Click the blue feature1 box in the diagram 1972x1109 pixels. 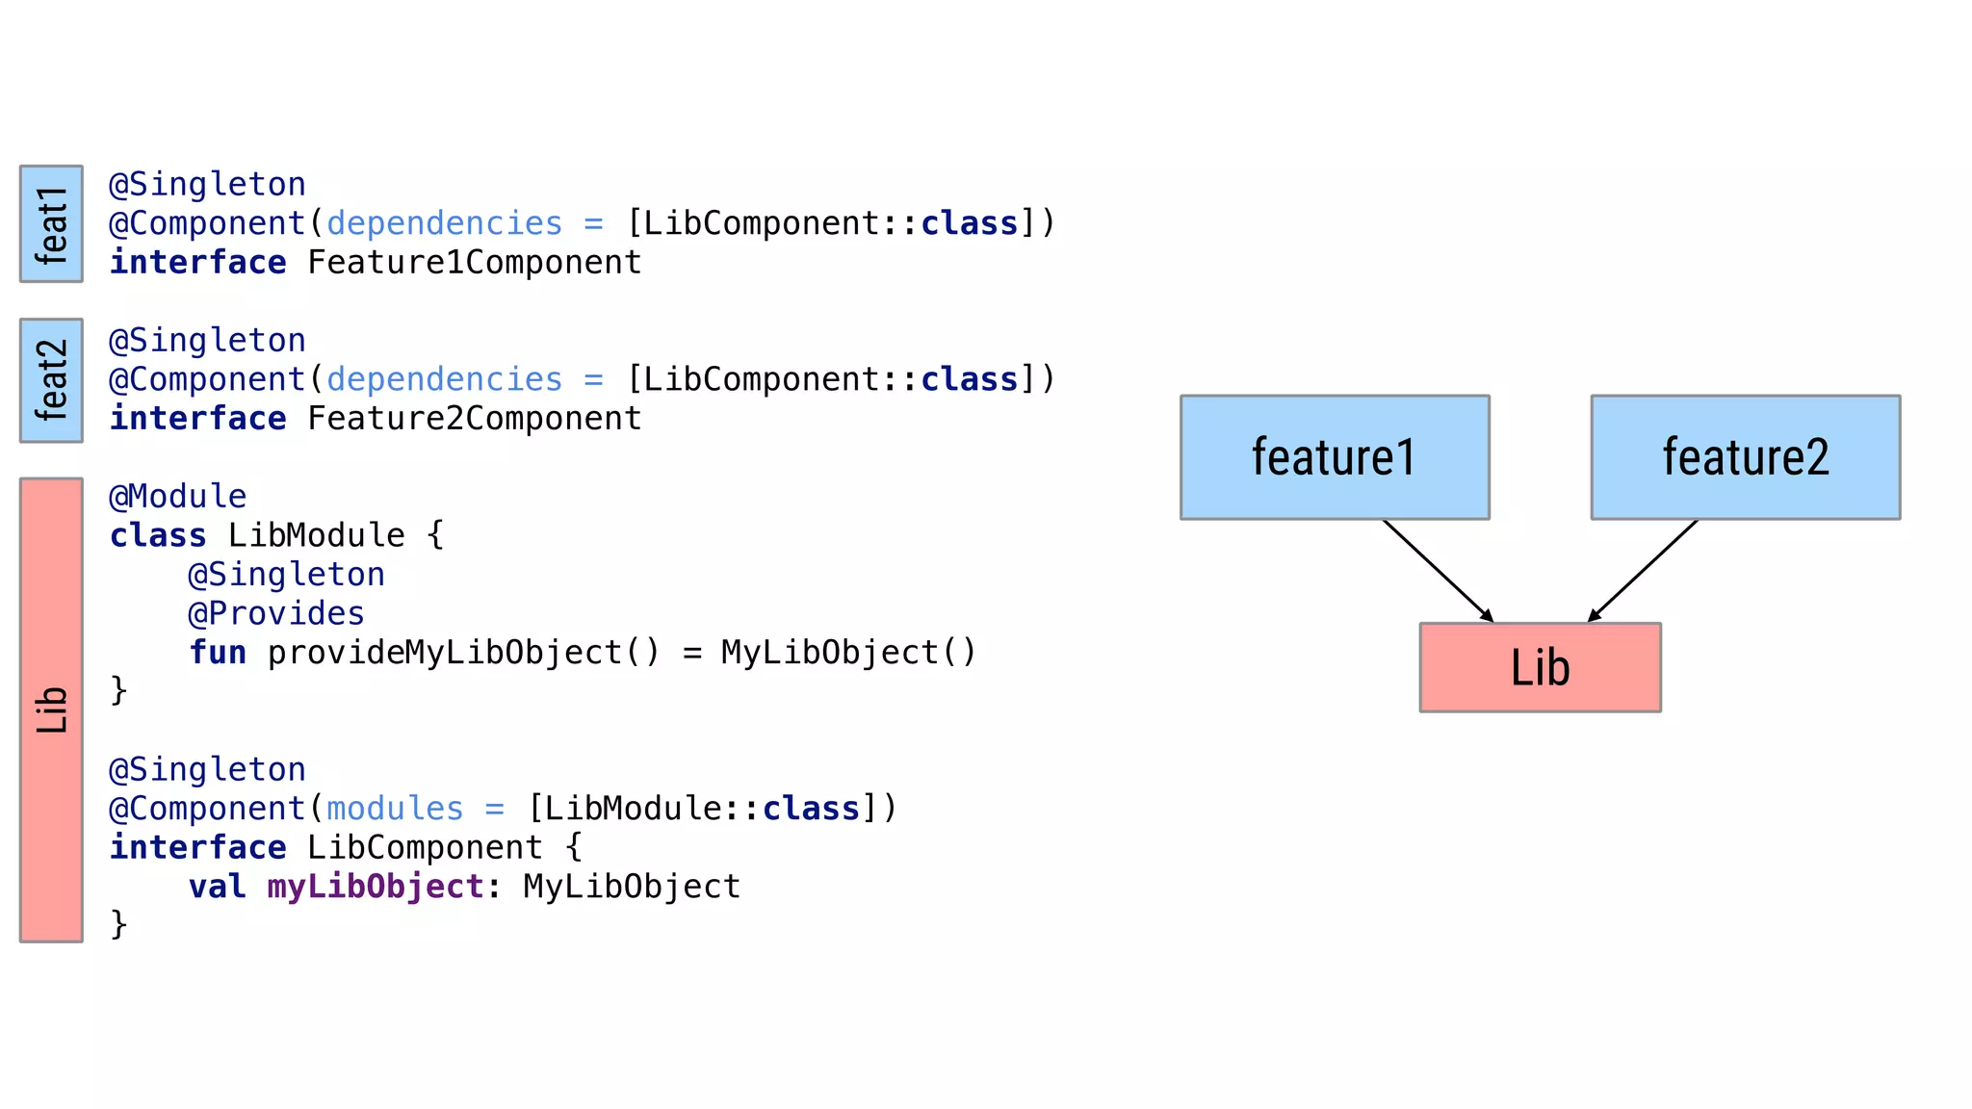(x=1335, y=457)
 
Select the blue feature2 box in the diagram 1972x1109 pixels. (x=1745, y=457)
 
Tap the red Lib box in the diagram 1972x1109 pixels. (x=1540, y=667)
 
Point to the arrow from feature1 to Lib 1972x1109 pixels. (x=1438, y=570)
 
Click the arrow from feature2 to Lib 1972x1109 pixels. (x=1643, y=570)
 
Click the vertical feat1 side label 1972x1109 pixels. (x=51, y=224)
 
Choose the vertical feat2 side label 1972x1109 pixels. (x=51, y=380)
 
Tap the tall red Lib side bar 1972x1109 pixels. (x=51, y=709)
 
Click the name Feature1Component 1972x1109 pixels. (x=474, y=263)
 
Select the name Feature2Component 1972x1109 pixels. (x=474, y=419)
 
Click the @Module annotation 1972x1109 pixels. (x=178, y=497)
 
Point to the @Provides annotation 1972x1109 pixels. (x=276, y=614)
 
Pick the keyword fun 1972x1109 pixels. (x=218, y=653)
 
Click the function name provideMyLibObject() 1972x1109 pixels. (x=463, y=653)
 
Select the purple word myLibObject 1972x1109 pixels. (x=376, y=887)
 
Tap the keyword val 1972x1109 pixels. (x=218, y=887)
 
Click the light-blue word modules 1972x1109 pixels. (x=395, y=809)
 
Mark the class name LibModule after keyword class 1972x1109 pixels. (x=316, y=535)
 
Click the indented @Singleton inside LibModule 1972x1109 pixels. (x=286, y=575)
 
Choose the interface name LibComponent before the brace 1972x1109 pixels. (x=425, y=848)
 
